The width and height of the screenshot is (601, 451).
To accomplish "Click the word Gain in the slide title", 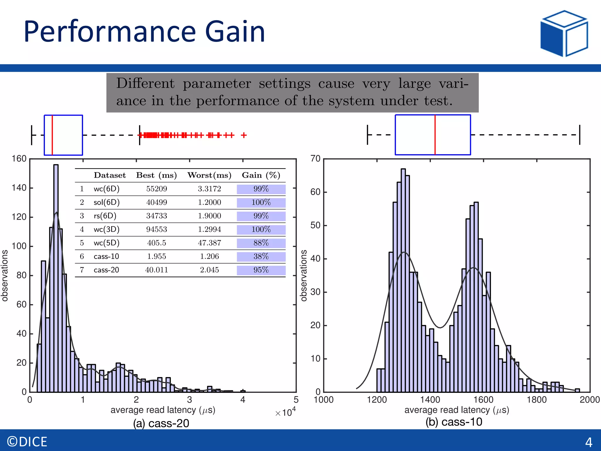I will [x=235, y=31].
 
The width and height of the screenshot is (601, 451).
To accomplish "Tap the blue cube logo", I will [x=564, y=33].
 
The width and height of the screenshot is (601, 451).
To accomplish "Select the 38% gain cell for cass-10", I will [x=261, y=256].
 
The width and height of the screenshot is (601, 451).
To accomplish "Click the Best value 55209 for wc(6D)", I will [x=156, y=189].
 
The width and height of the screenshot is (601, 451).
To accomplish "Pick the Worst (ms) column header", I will [x=209, y=175].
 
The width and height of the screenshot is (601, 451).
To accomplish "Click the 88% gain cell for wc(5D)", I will [x=261, y=243].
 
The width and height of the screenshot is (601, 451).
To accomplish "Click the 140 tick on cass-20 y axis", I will [x=19, y=188].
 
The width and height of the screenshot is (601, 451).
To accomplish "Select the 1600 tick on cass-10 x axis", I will [x=483, y=400].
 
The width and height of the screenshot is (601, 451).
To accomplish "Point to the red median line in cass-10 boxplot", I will [x=435, y=135].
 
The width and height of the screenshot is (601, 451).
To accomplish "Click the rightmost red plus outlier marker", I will [x=244, y=135].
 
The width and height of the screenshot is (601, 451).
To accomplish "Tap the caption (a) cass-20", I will [x=161, y=423].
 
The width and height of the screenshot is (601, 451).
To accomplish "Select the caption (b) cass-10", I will [x=454, y=422].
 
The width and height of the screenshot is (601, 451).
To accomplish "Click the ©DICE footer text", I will [x=27, y=442].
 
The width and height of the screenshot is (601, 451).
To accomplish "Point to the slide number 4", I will [x=589, y=442].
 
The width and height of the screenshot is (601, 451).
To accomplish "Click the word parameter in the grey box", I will [x=217, y=84].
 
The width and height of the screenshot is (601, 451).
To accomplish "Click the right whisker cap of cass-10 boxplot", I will [x=580, y=135].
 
